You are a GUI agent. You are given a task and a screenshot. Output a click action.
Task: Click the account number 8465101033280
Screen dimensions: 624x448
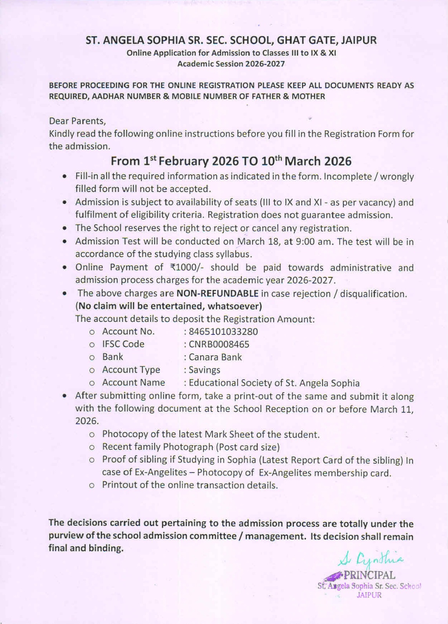223,332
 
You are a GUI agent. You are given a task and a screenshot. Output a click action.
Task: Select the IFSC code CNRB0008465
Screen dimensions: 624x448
219,344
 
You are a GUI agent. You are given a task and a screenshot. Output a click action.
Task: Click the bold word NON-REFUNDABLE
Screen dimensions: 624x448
218,294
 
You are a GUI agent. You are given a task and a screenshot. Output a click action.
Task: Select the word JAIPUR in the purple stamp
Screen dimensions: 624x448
369,595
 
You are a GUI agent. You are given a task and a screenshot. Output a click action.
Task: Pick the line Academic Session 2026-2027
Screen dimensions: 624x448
231,64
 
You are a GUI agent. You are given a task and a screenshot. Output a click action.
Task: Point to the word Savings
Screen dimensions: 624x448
205,370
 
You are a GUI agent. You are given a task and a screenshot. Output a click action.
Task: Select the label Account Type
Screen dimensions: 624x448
131,370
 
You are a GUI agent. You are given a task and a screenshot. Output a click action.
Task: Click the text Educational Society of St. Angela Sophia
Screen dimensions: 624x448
274,383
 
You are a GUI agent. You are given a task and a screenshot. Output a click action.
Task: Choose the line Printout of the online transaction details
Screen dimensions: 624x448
190,485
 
